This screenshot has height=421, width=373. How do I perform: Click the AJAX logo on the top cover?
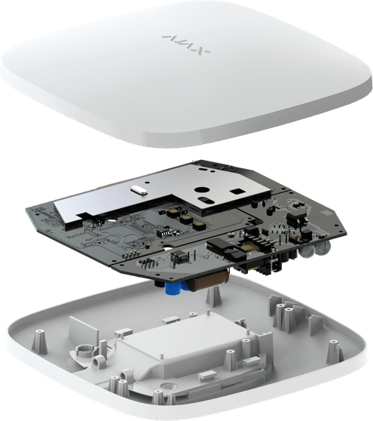click(186, 45)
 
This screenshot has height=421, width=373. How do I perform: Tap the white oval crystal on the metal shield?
click(139, 191)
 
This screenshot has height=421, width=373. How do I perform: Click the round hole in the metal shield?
click(200, 189)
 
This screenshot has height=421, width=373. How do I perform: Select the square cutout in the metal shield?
click(237, 191)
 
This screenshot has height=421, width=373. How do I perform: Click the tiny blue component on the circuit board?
click(178, 231)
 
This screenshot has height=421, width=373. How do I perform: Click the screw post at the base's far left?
click(39, 340)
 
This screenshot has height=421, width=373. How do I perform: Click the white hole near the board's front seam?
click(169, 246)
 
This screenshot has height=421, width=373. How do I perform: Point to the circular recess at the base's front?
click(167, 386)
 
